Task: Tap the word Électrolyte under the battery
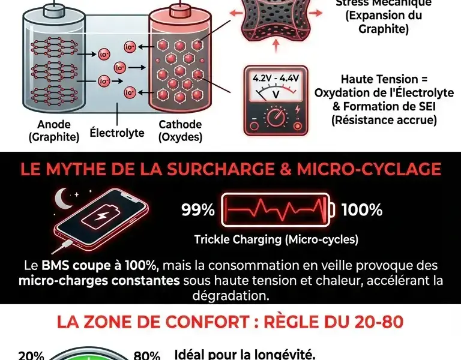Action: coord(117,131)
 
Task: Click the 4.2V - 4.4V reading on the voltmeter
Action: coord(276,79)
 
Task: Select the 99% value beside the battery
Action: coord(198,210)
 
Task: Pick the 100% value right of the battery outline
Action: coord(362,210)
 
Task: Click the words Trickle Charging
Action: coord(230,239)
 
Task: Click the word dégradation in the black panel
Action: coord(230,296)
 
